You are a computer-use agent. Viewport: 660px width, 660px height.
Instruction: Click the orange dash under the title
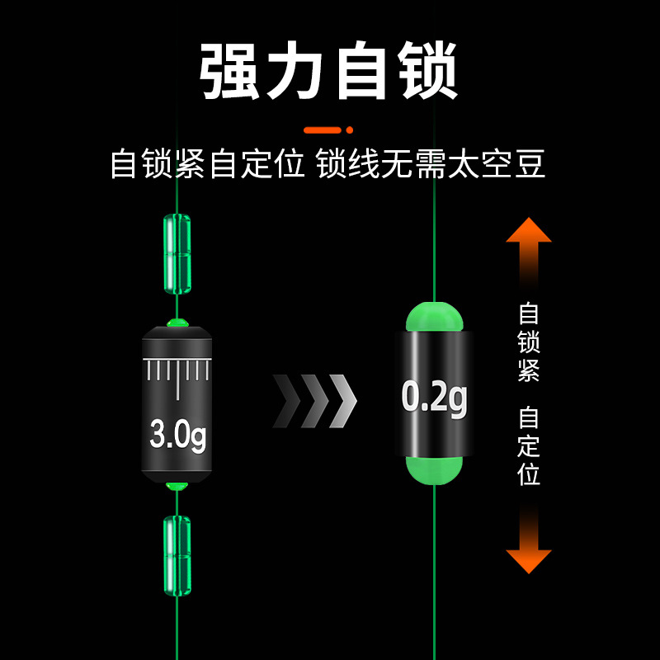point(323,130)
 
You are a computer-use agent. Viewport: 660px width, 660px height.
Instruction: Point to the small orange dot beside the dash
point(350,130)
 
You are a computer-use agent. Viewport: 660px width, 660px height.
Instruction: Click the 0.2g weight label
point(435,398)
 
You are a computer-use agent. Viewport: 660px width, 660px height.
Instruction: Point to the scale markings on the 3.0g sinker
point(177,374)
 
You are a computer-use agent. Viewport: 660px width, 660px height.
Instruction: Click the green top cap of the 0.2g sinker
point(435,318)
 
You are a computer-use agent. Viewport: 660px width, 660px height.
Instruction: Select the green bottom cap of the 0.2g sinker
point(435,468)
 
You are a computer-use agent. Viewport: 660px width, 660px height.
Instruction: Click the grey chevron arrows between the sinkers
point(314,400)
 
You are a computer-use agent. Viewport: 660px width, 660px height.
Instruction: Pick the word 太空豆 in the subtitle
point(497,163)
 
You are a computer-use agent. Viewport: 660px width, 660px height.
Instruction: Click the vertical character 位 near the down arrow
point(529,474)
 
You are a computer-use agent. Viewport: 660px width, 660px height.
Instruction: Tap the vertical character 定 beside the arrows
point(529,446)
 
